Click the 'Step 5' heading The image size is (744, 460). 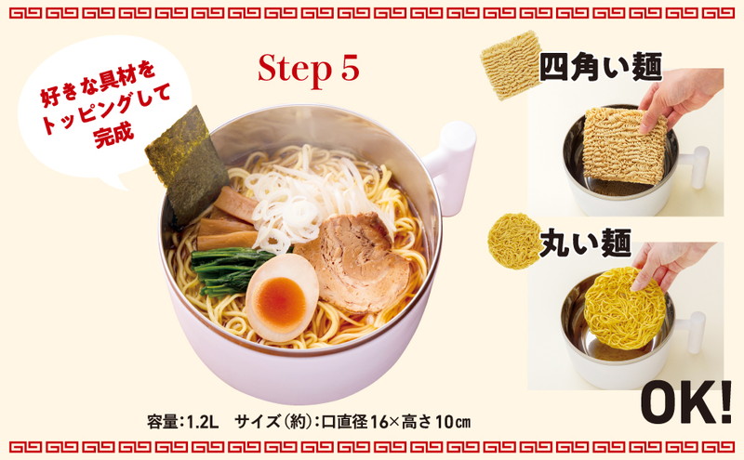tap(309, 70)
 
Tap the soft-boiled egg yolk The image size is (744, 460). tap(282, 301)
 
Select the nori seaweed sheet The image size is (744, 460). tap(187, 164)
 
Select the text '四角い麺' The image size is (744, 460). tap(600, 69)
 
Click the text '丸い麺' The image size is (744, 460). tap(587, 243)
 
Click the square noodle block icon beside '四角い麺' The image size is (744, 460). tap(511, 65)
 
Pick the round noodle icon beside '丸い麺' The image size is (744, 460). tap(515, 241)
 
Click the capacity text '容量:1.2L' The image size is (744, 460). tap(182, 421)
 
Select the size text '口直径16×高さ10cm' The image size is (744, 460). tap(396, 421)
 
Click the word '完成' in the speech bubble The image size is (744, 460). tap(113, 135)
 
